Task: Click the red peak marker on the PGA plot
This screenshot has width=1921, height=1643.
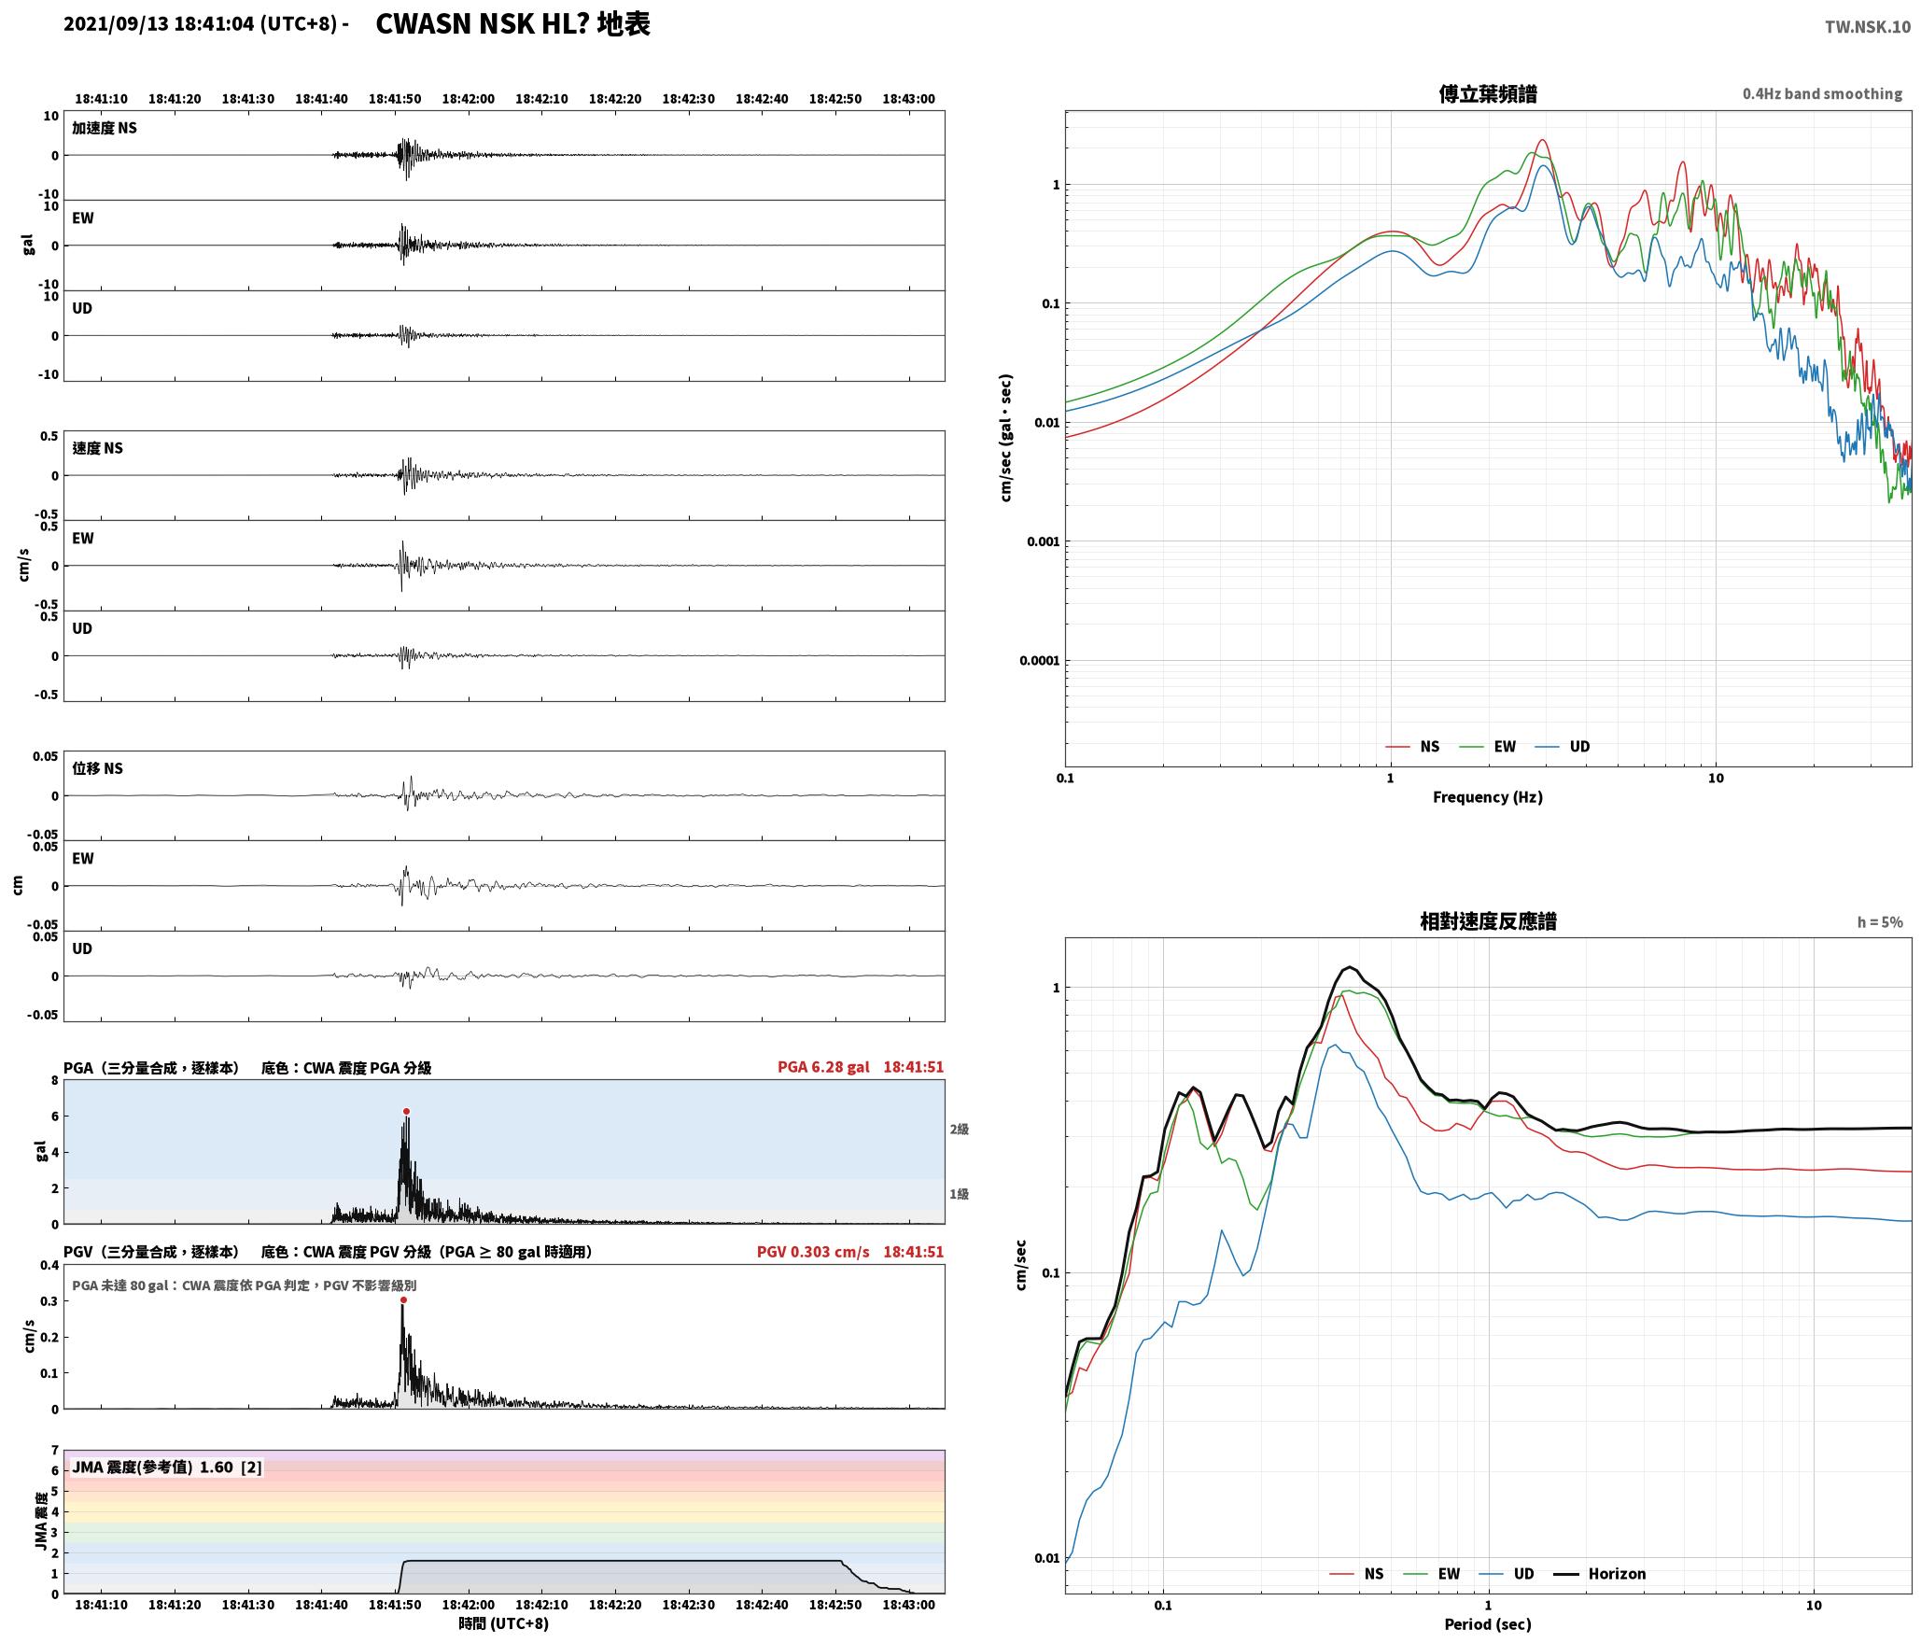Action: (406, 1111)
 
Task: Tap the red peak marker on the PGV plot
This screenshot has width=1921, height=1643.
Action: (403, 1299)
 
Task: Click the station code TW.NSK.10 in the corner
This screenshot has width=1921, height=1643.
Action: (1868, 27)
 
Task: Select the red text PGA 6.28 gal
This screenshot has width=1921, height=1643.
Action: (823, 1067)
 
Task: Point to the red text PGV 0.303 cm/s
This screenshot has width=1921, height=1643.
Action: (813, 1252)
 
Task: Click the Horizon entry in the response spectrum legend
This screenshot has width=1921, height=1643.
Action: (1599, 1574)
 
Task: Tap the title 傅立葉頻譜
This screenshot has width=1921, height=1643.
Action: (1488, 93)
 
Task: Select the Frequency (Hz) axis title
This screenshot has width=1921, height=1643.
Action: (1488, 797)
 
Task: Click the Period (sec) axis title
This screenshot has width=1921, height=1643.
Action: (1488, 1624)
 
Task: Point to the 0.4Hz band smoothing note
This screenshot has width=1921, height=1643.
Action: (1822, 94)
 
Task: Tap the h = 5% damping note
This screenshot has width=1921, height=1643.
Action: (1880, 922)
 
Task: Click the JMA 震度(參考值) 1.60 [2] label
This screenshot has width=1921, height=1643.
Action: (167, 1467)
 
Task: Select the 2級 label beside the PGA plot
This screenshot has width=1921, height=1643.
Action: (960, 1129)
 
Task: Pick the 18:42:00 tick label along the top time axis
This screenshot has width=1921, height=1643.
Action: (468, 99)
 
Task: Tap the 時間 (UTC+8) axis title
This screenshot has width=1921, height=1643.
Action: (504, 1623)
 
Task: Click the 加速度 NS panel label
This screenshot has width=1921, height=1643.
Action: (105, 128)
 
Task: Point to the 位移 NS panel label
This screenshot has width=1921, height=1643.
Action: (98, 768)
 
